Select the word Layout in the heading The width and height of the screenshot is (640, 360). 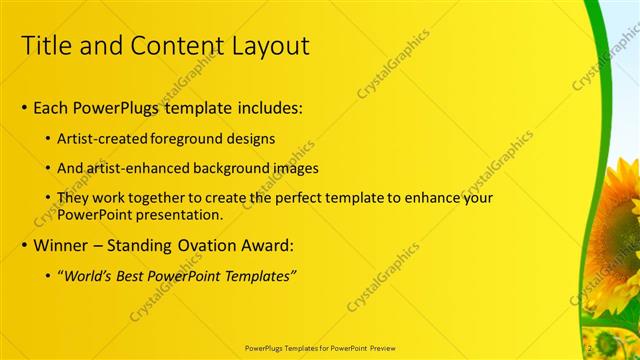pyautogui.click(x=271, y=45)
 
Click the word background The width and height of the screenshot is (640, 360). pyautogui.click(x=232, y=168)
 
